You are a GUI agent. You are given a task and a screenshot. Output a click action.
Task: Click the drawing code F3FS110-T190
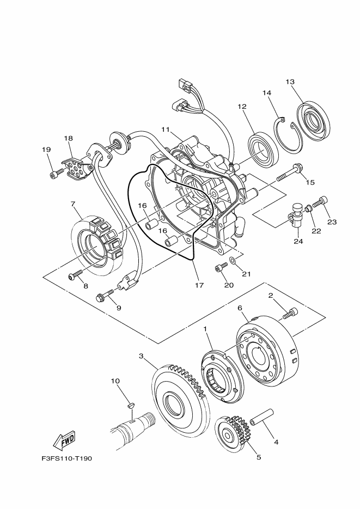[66, 458]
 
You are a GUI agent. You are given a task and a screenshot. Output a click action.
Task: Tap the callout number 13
[290, 82]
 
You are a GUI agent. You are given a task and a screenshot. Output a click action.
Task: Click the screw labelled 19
[54, 174]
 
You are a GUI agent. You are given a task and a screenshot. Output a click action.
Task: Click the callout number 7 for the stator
[72, 204]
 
